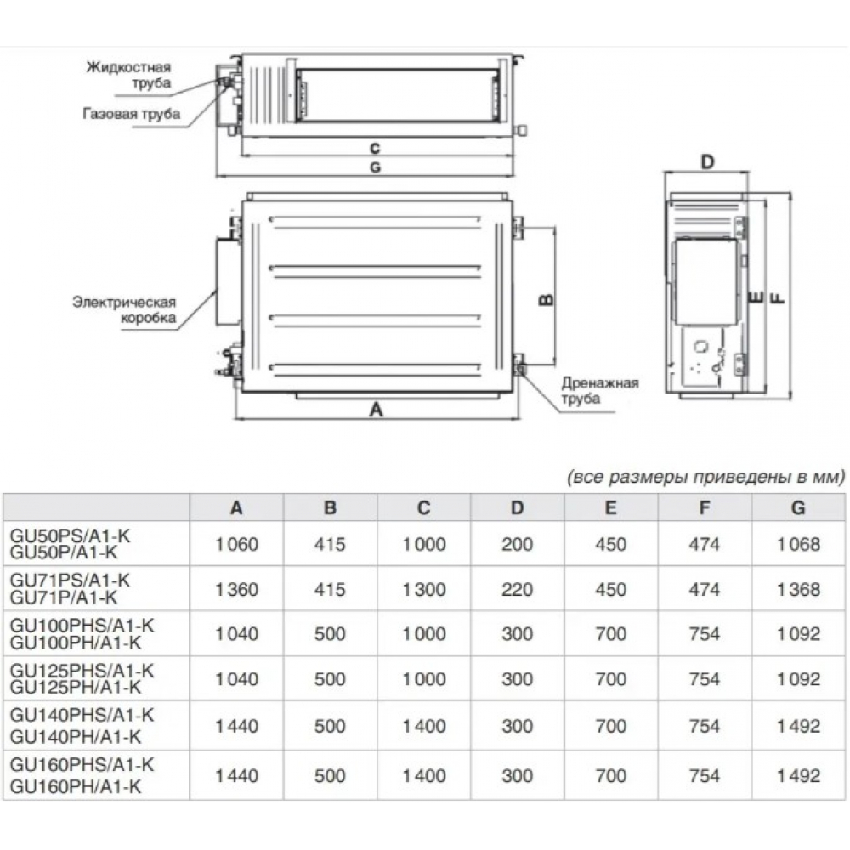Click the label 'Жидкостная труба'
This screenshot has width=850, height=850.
[x=129, y=75]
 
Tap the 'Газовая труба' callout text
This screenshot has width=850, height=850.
[x=132, y=114]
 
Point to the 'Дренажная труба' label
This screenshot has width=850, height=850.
[x=599, y=390]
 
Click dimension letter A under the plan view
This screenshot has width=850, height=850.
[x=377, y=409]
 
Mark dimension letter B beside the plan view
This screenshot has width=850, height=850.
[x=547, y=299]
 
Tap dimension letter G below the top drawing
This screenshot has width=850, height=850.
[x=374, y=167]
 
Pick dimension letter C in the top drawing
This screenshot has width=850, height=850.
[x=374, y=148]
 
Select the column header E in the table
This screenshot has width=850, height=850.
[x=610, y=508]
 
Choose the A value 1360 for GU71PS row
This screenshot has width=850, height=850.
[x=236, y=589]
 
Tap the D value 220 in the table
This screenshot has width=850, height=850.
[x=517, y=589]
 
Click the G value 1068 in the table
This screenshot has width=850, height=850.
[x=797, y=544]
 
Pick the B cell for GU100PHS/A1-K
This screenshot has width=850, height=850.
[x=331, y=634]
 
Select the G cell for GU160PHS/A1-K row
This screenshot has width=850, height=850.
[x=797, y=774]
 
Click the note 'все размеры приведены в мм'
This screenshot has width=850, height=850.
[x=705, y=476]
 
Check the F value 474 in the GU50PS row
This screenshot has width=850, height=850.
[x=704, y=544]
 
